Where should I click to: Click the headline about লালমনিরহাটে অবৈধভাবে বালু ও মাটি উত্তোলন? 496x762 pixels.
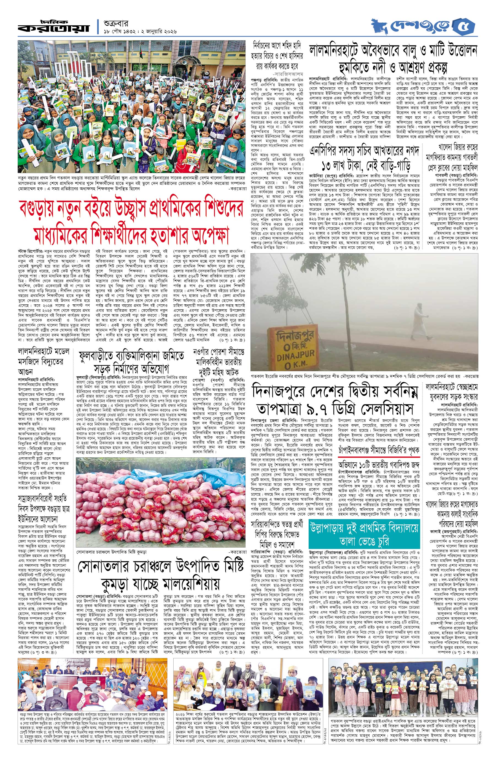coord(393,59)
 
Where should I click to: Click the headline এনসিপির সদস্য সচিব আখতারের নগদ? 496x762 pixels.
coord(363,158)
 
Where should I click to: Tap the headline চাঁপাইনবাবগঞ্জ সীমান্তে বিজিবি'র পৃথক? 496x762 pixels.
coord(379,450)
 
